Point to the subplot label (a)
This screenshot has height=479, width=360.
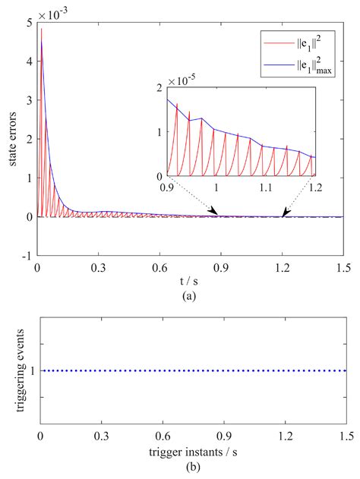click(189, 297)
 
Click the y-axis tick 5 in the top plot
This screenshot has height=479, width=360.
click(29, 24)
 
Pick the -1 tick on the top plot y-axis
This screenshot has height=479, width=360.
click(27, 257)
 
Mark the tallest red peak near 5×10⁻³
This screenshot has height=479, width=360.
click(42, 30)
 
